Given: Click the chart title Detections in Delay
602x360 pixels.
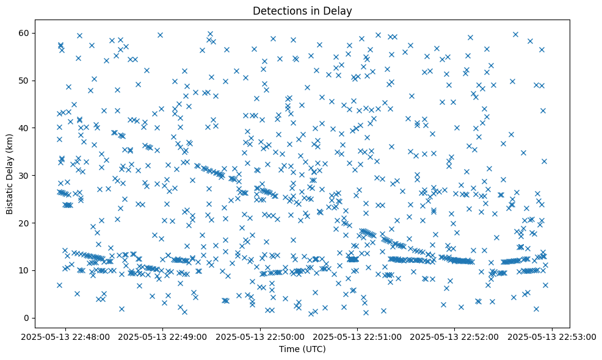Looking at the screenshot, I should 302,11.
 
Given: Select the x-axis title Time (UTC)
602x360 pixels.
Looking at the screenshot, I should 302,349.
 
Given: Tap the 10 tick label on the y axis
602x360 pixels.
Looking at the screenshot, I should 27,270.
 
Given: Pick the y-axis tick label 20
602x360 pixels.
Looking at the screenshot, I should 27,223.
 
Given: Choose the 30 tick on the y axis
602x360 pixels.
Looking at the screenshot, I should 27,175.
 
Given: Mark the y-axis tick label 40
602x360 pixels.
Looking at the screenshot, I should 27,128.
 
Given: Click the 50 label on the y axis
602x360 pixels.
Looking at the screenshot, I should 27,81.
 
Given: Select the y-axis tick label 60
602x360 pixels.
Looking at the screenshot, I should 27,33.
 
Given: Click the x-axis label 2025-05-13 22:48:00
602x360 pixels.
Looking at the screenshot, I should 67,336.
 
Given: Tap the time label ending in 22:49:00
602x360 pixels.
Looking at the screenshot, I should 164,336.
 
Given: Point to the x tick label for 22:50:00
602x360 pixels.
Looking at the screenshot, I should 261,336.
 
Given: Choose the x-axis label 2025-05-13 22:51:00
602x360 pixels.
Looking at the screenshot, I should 358,336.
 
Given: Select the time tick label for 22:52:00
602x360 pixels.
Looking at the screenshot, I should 455,336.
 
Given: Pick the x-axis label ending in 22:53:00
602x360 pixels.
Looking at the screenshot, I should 552,336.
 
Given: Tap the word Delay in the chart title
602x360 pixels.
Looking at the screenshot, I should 340,11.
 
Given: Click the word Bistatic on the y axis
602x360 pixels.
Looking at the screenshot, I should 10,196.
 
